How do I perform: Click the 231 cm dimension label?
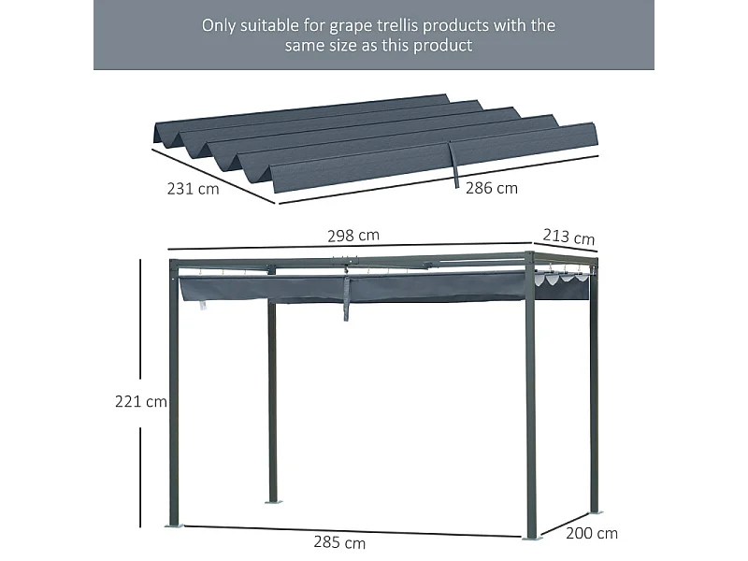pos(194,188)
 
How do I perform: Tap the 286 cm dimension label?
pos(492,188)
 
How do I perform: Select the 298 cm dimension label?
pos(353,236)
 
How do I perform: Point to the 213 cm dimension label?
pos(569,237)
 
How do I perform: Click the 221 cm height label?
pos(140,402)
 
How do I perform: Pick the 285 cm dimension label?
pos(340,542)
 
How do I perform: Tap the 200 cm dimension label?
pos(593,533)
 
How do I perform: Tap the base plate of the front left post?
pos(175,526)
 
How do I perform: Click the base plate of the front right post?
pos(531,538)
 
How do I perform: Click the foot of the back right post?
pos(595,511)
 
